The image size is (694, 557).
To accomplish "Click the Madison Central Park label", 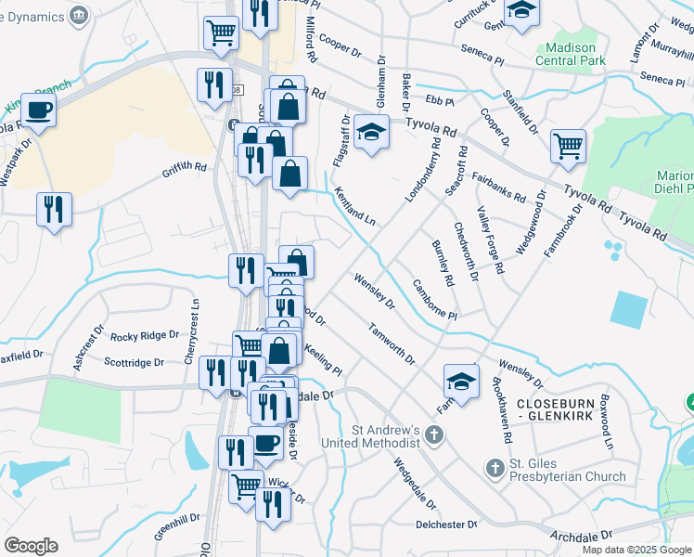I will [x=571, y=54].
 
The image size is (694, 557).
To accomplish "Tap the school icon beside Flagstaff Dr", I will [x=371, y=134].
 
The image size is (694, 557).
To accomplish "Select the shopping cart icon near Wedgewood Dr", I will [x=567, y=145].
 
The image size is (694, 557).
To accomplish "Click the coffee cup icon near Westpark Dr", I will [x=38, y=110].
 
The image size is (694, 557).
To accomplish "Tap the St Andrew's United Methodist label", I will [x=386, y=436].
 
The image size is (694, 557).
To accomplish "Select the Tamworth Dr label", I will [x=391, y=343].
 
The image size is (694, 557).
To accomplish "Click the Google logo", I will [x=31, y=546].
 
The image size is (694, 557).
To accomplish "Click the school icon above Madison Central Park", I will [x=522, y=12].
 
